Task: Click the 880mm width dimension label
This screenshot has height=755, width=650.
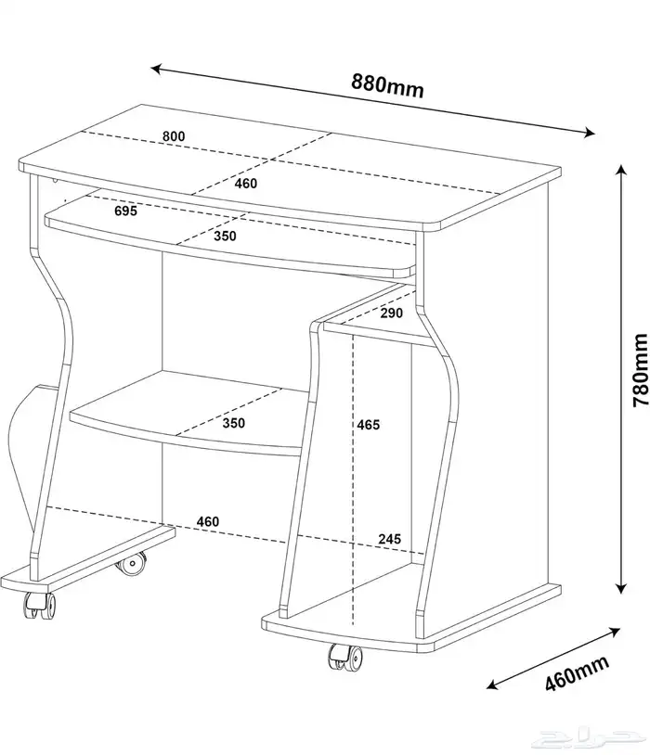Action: pos(387,85)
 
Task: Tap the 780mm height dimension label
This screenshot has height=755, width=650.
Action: pos(640,370)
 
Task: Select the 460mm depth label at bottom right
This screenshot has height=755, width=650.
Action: pos(577,673)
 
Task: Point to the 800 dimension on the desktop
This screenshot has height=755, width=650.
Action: pos(173,136)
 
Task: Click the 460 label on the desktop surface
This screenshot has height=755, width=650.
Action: pos(246,184)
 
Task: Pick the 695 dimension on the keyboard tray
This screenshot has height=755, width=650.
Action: pos(126,211)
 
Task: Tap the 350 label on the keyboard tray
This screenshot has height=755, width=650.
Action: pos(226,236)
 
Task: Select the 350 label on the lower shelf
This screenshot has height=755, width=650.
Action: pos(233,423)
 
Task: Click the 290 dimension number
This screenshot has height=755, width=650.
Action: pos(392,313)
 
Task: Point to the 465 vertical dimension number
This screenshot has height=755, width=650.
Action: pos(369,425)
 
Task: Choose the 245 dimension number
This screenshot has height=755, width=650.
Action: pos(390,539)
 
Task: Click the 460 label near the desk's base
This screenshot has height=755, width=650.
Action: pos(208,521)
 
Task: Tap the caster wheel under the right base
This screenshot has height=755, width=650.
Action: pos(345,658)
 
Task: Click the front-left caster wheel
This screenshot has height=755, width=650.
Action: pos(40,606)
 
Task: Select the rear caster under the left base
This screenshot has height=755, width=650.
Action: pos(131,564)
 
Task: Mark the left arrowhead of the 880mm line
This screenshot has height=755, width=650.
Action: pos(156,69)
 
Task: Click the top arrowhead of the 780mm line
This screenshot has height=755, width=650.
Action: pos(621,169)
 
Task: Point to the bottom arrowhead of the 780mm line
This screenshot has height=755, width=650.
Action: pos(621,588)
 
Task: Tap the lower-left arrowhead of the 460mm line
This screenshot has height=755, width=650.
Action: pos(492,685)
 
